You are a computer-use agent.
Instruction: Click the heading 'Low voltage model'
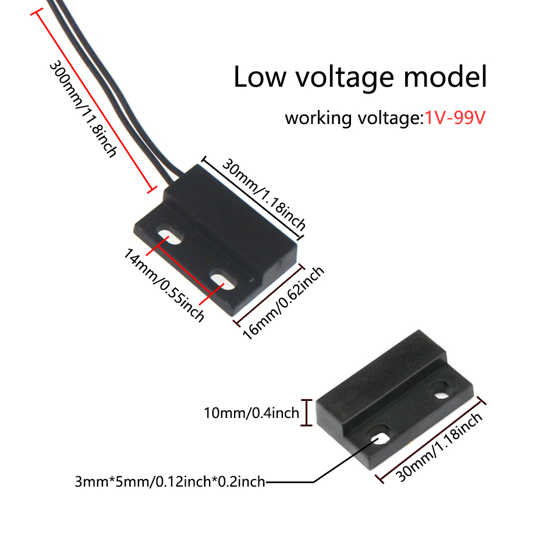click(x=360, y=77)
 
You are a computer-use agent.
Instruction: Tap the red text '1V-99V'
click(x=454, y=118)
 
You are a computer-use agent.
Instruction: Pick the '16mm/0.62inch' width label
click(x=283, y=303)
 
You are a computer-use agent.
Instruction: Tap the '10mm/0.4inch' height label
click(x=251, y=413)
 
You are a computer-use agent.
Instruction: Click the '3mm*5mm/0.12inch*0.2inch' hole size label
click(x=170, y=481)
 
